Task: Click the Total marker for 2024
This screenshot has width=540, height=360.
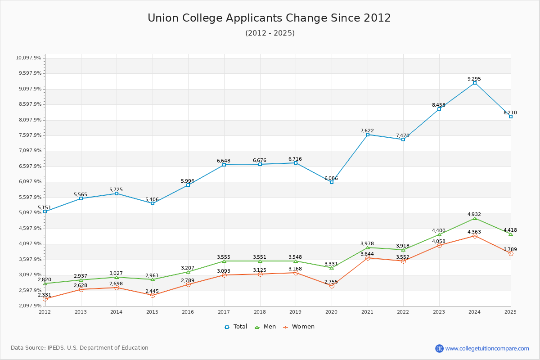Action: click(x=475, y=83)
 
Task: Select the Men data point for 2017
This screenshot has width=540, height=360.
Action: click(x=224, y=261)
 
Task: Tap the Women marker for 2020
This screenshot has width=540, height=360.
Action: click(x=332, y=286)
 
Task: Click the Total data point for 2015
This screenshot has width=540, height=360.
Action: click(x=153, y=203)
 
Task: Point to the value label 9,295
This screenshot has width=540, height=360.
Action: click(x=474, y=79)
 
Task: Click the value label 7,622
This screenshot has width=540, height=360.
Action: click(x=367, y=130)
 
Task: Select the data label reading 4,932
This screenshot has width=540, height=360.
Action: click(x=474, y=214)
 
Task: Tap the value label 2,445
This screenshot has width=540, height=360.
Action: click(x=152, y=291)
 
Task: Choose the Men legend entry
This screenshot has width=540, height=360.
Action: click(x=265, y=327)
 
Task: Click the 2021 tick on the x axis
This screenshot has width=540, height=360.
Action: click(x=367, y=312)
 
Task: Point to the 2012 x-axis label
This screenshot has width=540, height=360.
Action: click(x=45, y=312)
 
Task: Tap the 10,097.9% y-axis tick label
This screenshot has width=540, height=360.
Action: click(x=29, y=58)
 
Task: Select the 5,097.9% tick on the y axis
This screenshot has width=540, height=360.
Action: click(x=29, y=213)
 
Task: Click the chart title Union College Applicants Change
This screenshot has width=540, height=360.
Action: click(x=269, y=18)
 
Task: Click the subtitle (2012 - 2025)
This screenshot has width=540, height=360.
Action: click(x=270, y=33)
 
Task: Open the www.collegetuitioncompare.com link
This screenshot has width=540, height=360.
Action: click(x=487, y=348)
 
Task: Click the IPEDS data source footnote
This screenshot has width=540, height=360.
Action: click(x=80, y=348)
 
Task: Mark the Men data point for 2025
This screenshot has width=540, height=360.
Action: click(x=511, y=234)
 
